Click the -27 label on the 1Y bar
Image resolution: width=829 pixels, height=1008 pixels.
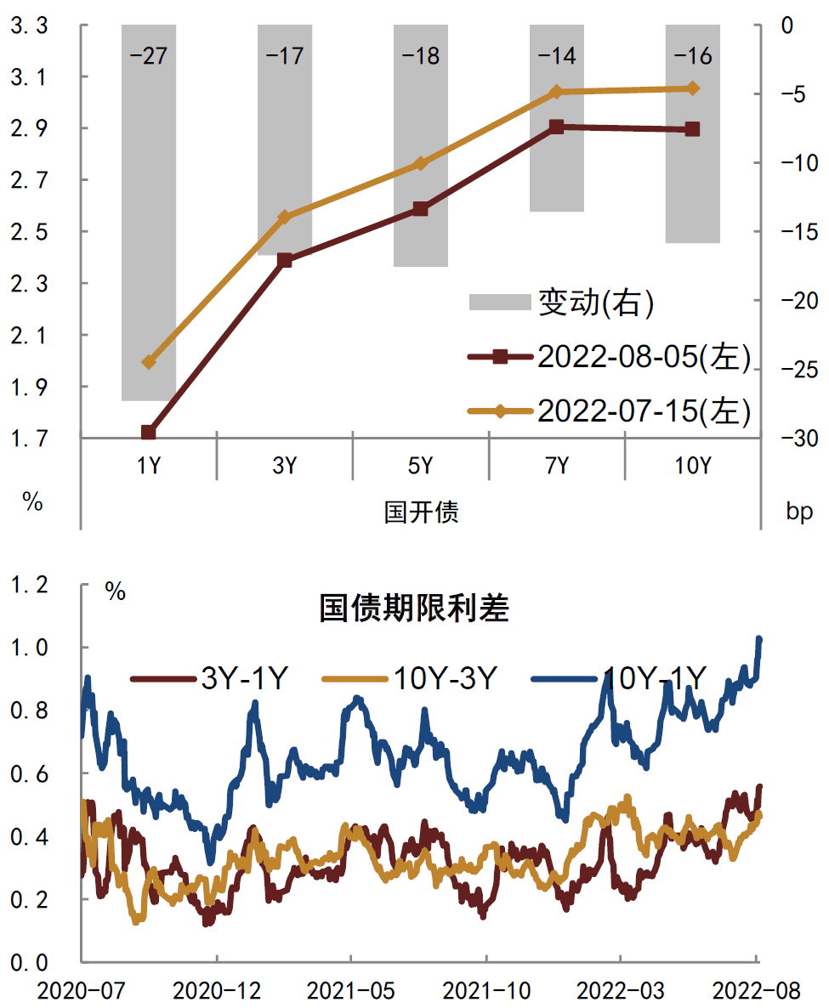(149, 57)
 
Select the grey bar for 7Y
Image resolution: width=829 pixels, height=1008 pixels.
(557, 153)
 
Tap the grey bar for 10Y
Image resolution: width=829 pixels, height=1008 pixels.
(692, 170)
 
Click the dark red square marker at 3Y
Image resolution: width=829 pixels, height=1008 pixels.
(285, 260)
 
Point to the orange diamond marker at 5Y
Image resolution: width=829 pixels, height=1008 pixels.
(421, 163)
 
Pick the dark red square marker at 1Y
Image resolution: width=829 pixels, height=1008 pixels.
(149, 433)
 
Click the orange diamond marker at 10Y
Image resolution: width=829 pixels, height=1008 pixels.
(692, 88)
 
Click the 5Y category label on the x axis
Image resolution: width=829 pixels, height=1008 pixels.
(421, 467)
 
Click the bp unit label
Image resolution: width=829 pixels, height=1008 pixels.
(798, 512)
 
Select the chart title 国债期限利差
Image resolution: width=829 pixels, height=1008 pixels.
(414, 609)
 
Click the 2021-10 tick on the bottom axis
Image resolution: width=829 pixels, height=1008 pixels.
(485, 991)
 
